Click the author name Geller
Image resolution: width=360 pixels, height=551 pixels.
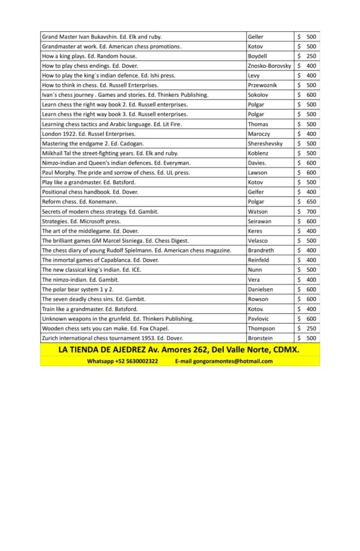pos(256,37)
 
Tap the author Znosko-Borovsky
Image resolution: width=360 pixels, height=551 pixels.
pos(270,66)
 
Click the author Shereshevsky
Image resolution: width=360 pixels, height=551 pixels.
pos(265,144)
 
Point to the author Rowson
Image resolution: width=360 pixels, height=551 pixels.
pos(258,299)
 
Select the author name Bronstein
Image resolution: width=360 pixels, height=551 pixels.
pos(261,338)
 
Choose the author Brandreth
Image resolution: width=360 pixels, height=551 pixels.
pos(262,250)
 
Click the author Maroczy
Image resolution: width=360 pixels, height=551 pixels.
pos(259,133)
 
